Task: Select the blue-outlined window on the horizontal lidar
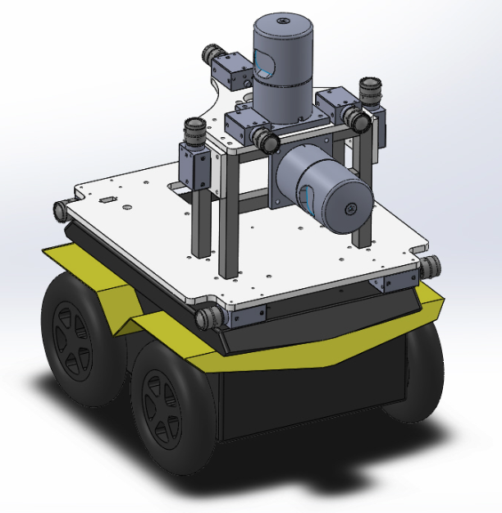point(307,198)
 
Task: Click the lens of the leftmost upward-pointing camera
point(194,130)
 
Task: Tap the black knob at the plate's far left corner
point(61,209)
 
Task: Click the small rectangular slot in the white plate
point(106,199)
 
